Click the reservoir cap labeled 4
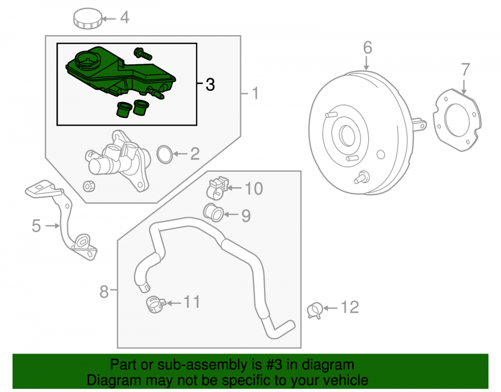88,18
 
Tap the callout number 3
210,84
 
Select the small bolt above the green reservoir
143,54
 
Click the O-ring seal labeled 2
164,155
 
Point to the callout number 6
367,48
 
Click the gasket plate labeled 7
457,120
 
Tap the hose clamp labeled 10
218,187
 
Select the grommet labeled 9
213,212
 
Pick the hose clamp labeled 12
315,310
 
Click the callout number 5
37,226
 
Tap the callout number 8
104,292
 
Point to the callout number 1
255,93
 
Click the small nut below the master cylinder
89,186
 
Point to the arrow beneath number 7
464,86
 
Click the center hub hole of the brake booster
346,136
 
